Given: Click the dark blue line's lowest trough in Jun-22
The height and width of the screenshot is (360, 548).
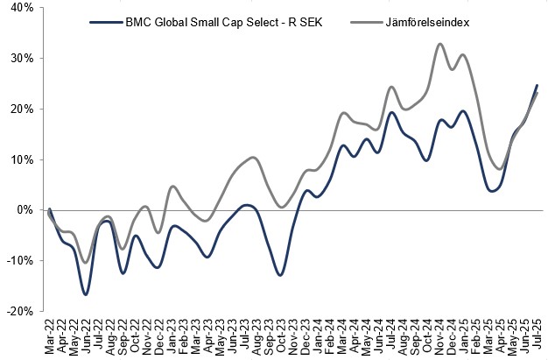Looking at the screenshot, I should (x=86, y=294).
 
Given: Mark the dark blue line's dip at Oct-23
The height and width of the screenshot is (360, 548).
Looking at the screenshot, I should (x=280, y=275).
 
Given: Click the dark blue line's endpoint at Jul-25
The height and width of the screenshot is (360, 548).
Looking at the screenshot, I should (x=536, y=85).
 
